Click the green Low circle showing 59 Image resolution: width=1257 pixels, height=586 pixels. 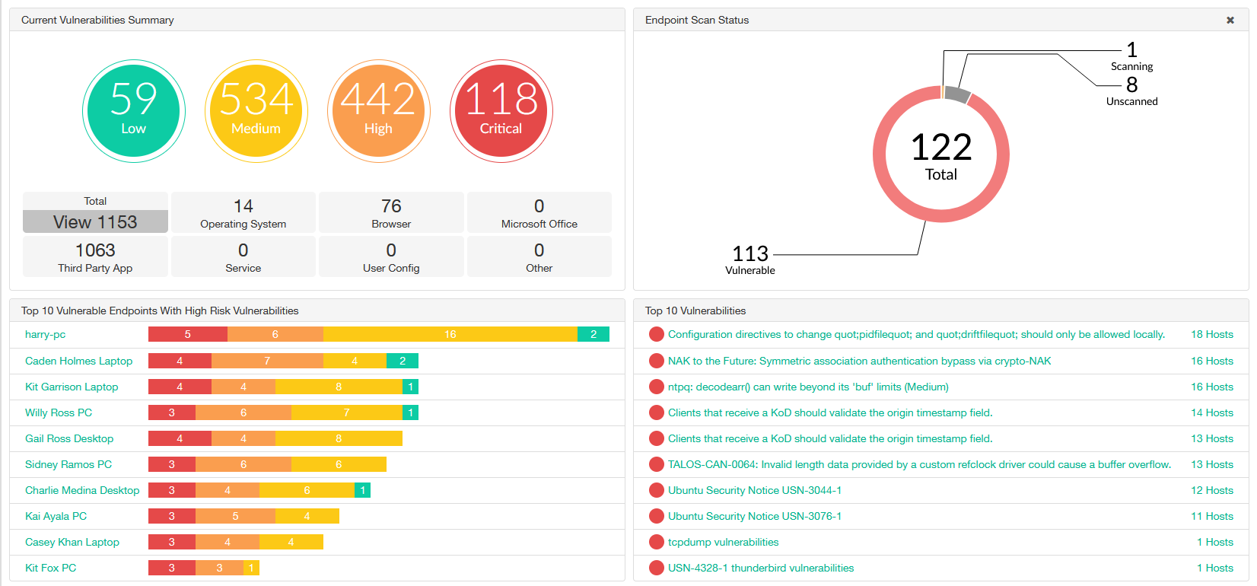(x=133, y=111)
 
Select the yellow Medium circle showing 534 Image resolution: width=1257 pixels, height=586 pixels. (x=256, y=111)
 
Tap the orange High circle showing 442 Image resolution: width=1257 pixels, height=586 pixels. (x=378, y=111)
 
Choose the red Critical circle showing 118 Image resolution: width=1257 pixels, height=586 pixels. (x=501, y=111)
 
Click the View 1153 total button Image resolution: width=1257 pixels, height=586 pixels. (x=95, y=221)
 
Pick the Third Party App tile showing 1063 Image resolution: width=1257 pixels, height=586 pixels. (x=95, y=256)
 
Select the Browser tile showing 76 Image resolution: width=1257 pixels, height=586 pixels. (x=391, y=212)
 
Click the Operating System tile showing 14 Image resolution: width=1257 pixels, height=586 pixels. (x=243, y=212)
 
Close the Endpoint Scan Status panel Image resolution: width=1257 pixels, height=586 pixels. (x=1230, y=21)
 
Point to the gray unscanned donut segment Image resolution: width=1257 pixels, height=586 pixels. (x=957, y=95)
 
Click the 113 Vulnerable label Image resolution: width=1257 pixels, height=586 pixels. (x=750, y=259)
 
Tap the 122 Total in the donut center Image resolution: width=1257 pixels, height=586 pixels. (x=941, y=154)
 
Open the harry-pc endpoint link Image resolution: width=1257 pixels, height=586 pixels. (x=46, y=334)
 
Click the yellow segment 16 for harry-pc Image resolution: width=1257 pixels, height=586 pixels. (x=450, y=334)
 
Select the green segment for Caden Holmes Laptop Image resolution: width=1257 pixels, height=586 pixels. (x=403, y=361)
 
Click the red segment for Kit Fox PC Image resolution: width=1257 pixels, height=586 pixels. (x=171, y=568)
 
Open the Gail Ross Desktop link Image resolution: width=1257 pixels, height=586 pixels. (x=69, y=438)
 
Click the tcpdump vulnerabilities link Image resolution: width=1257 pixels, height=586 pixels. (x=723, y=542)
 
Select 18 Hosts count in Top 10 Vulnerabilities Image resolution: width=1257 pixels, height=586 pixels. (x=1211, y=334)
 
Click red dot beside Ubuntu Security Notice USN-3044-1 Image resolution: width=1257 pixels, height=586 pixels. (x=656, y=490)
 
